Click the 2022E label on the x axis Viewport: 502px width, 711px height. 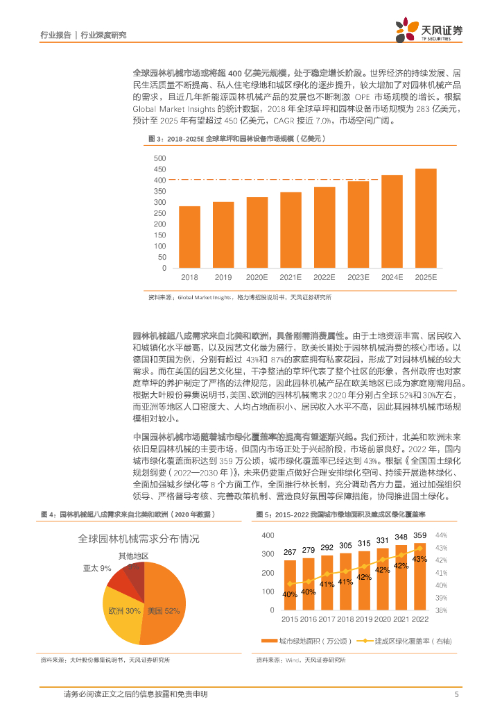[324, 277]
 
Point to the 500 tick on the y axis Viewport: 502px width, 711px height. [160, 158]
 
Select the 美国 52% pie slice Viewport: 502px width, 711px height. [166, 601]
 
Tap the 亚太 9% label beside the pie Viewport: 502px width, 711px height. [97, 568]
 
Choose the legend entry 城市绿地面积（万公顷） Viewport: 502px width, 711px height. [312, 640]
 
